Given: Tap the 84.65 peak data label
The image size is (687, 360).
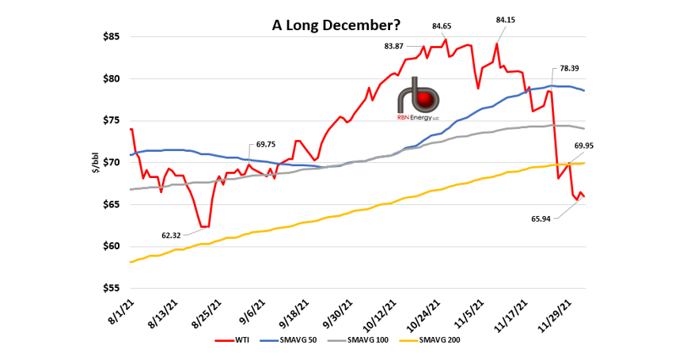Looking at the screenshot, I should pos(442,26).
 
